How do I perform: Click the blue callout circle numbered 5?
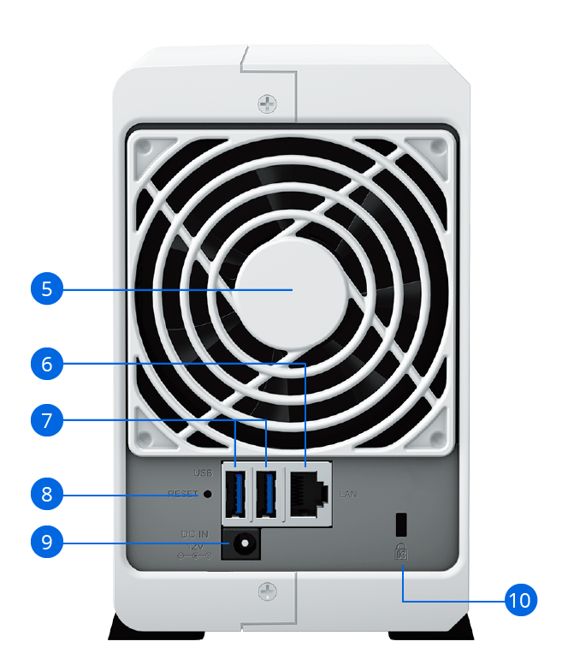point(47,288)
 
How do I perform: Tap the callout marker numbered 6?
point(47,364)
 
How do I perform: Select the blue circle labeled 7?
point(47,420)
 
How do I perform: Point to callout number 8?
point(47,494)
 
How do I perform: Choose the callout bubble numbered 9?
point(47,542)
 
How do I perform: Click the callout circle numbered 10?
point(520,600)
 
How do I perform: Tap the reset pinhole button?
point(208,494)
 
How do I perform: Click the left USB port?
point(236,493)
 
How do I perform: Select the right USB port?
point(266,493)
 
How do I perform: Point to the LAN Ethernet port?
point(309,493)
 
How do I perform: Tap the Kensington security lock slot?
point(401,524)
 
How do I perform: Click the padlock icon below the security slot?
point(401,552)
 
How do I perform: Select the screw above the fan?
point(267,104)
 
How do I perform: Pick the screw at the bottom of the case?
point(267,591)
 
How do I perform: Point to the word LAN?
point(347,495)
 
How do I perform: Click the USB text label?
point(204,472)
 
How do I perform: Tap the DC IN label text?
point(195,534)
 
